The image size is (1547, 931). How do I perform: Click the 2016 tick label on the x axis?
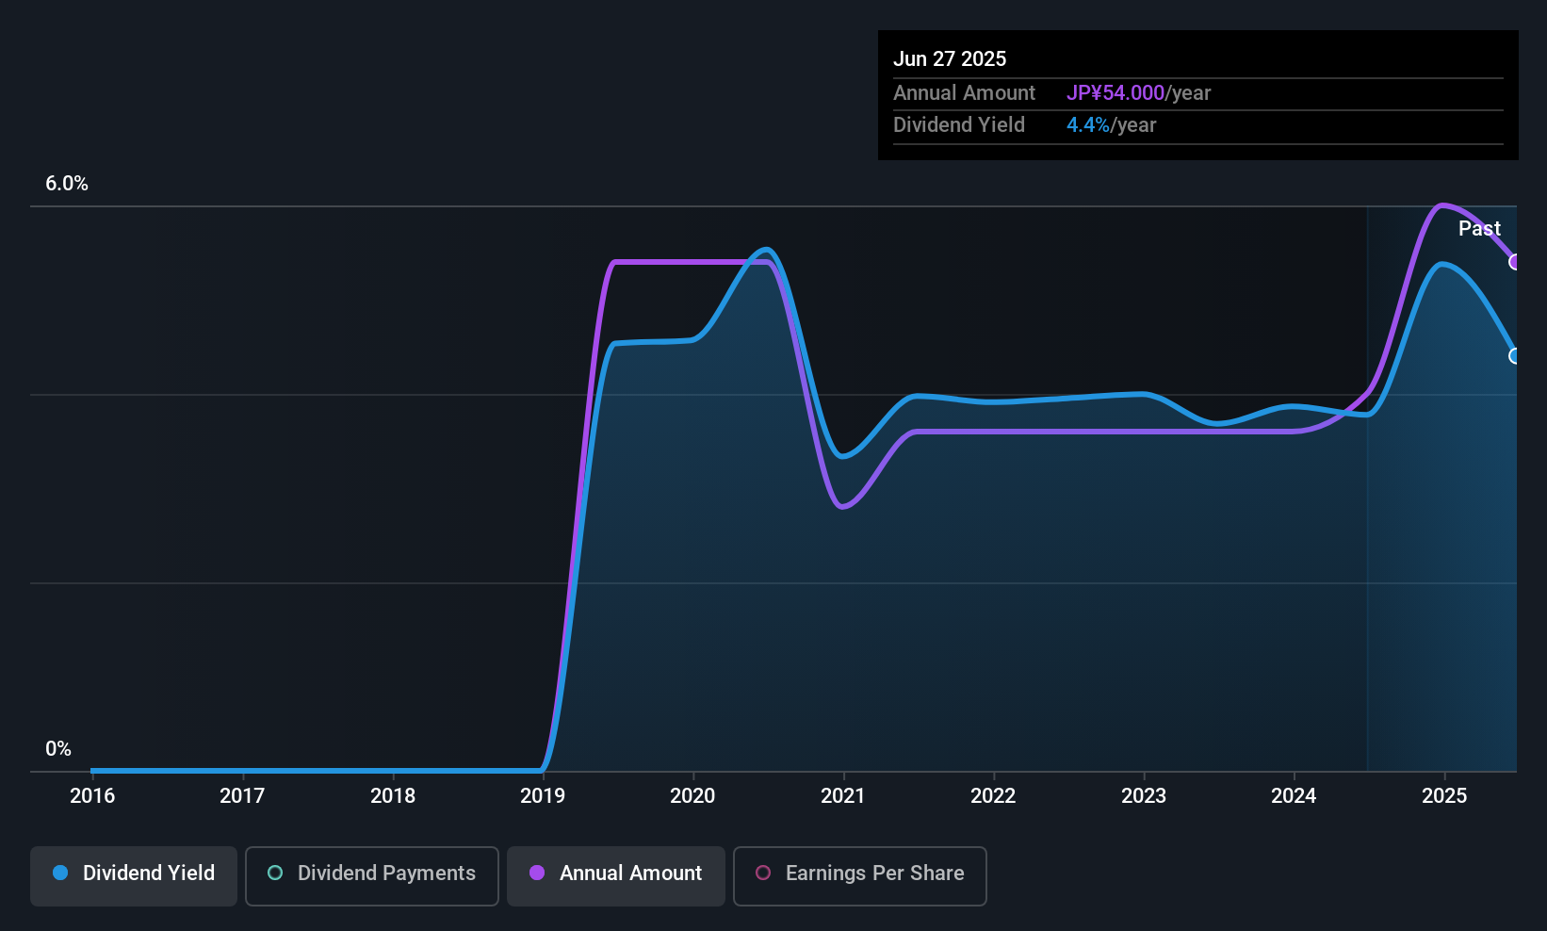tap(92, 795)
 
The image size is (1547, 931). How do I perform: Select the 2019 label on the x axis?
tap(543, 795)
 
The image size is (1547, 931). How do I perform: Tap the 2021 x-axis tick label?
tap(842, 795)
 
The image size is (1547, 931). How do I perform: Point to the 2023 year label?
tap(1143, 795)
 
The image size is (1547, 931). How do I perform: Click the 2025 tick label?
tap(1443, 795)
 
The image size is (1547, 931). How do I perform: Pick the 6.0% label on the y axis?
tap(67, 184)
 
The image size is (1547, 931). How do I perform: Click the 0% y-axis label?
tap(58, 749)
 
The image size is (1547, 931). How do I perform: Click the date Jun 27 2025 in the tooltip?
tap(950, 58)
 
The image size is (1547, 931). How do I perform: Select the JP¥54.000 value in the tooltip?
tap(1115, 93)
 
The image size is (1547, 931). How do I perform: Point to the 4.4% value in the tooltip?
tap(1088, 125)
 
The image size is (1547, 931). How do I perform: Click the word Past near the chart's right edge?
tap(1479, 228)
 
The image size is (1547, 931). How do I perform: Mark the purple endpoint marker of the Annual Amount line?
tap(1515, 262)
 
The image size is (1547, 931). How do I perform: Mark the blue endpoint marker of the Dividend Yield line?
tap(1515, 356)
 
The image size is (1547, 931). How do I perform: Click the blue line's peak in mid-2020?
tap(767, 251)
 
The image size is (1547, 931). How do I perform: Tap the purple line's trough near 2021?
tap(842, 507)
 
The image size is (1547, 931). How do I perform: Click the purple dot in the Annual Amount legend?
tap(537, 874)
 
